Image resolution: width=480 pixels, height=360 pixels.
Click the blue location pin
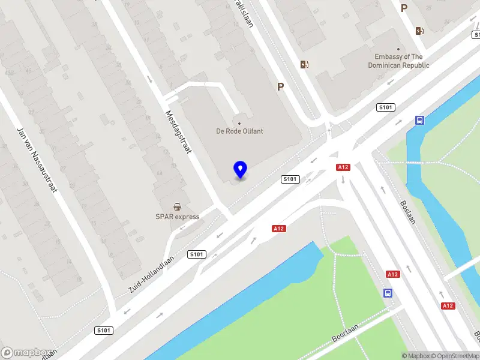(x=241, y=169)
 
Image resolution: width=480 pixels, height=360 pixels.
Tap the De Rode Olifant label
(x=239, y=131)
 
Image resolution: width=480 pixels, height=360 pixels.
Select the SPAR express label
(x=178, y=217)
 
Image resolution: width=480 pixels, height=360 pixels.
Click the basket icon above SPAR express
(x=178, y=206)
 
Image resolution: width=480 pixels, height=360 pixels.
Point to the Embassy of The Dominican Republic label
(x=398, y=61)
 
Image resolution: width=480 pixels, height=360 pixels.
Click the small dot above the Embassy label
(x=398, y=49)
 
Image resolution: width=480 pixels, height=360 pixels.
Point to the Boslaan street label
(x=408, y=212)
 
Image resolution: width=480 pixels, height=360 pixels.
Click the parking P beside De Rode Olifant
(x=280, y=87)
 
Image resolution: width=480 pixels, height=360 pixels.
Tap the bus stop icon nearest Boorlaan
(x=389, y=293)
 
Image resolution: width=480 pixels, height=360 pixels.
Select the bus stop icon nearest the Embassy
(x=419, y=120)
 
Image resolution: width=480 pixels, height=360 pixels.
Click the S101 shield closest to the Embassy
(x=386, y=107)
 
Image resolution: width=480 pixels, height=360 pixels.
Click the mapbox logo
(x=25, y=352)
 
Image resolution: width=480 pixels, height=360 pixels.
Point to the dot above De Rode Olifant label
(x=239, y=124)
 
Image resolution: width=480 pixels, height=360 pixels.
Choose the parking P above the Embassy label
(x=404, y=8)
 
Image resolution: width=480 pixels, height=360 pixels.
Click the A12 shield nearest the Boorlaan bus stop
(x=392, y=274)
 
